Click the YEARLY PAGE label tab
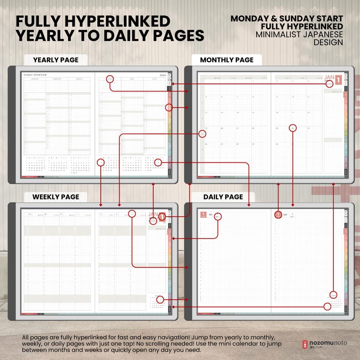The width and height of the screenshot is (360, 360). pyautogui.click(x=55, y=60)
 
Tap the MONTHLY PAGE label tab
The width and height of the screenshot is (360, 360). pyautogui.click(x=227, y=60)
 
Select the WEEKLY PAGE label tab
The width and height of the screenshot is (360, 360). pyautogui.click(x=55, y=197)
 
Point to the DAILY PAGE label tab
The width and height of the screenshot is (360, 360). pyautogui.click(x=223, y=197)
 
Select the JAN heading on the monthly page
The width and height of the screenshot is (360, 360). pyautogui.click(x=330, y=78)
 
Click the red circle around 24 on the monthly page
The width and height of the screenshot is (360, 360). pyautogui.click(x=293, y=128)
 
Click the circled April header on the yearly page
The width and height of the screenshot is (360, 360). pyautogui.click(x=110, y=79)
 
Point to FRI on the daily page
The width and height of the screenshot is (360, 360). pyautogui.click(x=210, y=215)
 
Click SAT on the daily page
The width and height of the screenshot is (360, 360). pyautogui.click(x=285, y=215)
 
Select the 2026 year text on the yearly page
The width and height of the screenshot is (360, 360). pyautogui.click(x=163, y=75)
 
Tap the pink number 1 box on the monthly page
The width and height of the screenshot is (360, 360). pyautogui.click(x=338, y=81)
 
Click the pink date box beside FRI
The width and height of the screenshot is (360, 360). pyautogui.click(x=204, y=215)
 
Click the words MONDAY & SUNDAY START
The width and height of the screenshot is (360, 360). pyautogui.click(x=287, y=19)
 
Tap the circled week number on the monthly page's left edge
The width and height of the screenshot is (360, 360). pyautogui.click(x=202, y=134)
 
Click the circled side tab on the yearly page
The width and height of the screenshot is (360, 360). pyautogui.click(x=169, y=107)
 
